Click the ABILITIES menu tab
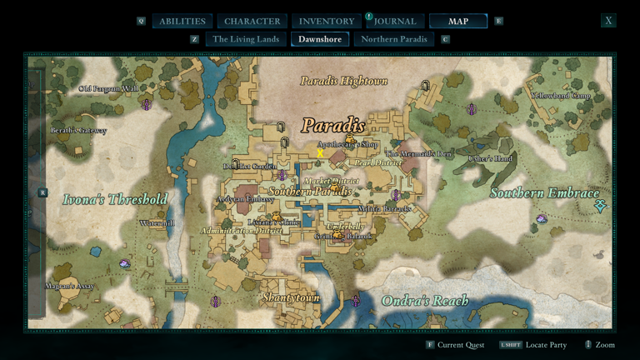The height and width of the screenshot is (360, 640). (182, 21)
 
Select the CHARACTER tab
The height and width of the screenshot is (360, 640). (252, 21)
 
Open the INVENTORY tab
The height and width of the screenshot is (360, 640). (327, 21)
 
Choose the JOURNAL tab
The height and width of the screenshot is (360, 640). (395, 21)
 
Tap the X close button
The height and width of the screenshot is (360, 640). (608, 21)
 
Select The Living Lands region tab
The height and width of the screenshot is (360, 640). (245, 39)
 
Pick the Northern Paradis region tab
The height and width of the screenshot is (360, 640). (394, 39)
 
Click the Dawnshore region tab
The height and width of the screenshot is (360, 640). (320, 39)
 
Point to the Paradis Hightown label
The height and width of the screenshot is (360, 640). (343, 81)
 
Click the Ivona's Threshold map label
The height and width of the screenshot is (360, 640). (115, 199)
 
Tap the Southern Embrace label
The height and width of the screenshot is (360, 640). (544, 193)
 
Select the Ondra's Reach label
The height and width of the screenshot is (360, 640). (424, 300)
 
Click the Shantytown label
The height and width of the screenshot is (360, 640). (291, 297)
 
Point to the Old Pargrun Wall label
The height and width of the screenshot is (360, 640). (108, 88)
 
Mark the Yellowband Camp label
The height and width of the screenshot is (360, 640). (561, 95)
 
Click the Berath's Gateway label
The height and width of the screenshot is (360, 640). (78, 131)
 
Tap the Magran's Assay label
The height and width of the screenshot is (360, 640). (70, 287)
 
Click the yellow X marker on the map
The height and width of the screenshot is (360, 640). (320, 153)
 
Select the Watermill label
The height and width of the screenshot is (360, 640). (157, 223)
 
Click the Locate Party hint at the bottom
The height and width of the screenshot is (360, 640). (546, 345)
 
